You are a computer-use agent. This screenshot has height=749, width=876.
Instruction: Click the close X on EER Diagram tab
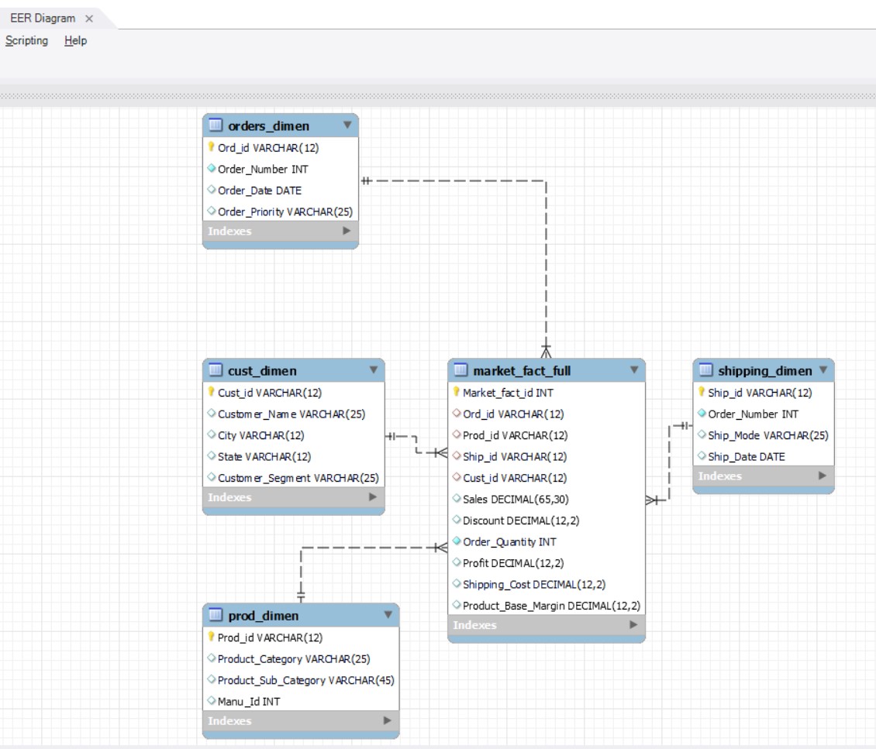(x=89, y=19)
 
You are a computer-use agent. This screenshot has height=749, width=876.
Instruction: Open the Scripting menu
(x=26, y=40)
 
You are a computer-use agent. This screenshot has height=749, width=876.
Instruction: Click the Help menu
(x=76, y=40)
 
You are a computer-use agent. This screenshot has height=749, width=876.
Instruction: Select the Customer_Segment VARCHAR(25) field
(x=298, y=478)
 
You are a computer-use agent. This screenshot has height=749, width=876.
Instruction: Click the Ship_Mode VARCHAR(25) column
(x=768, y=435)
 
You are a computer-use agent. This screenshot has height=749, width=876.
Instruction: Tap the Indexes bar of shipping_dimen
(x=763, y=476)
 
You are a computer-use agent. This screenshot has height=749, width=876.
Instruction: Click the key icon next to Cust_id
(x=211, y=393)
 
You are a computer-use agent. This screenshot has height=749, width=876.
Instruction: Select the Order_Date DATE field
(x=260, y=190)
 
